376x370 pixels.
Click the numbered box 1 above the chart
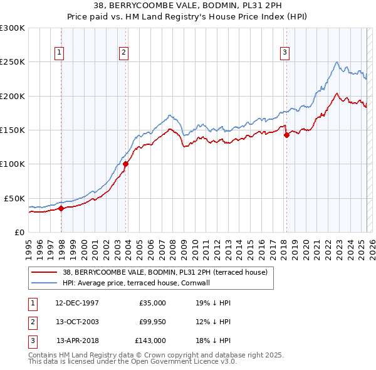click(59, 53)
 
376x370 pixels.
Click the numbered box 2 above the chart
click(124, 53)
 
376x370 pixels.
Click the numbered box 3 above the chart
click(285, 53)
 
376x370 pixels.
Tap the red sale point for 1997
click(61, 208)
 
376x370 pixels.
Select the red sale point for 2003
click(126, 164)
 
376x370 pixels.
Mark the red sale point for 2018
click(286, 134)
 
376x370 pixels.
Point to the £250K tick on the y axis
click(13, 62)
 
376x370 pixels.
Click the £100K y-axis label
click(13, 164)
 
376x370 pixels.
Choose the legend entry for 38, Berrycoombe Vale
click(165, 272)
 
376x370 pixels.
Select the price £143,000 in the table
click(150, 341)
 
